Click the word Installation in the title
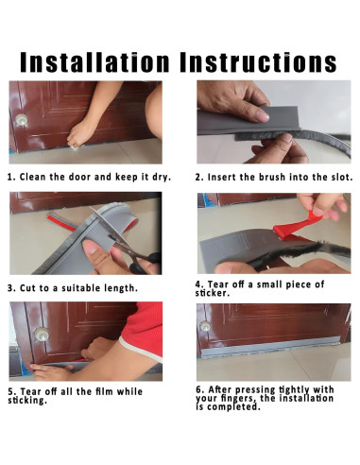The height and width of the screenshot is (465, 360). (94, 62)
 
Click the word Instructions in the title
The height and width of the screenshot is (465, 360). (258, 62)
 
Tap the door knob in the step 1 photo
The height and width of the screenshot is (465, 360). (22, 119)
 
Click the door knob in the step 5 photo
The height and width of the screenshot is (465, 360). (42, 335)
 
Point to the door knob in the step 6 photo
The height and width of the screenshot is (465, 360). (205, 325)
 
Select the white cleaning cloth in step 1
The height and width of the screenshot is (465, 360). (75, 146)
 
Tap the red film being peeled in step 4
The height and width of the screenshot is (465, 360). (298, 226)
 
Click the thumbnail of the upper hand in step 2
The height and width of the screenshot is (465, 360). (262, 116)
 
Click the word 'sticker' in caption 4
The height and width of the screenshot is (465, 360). (211, 293)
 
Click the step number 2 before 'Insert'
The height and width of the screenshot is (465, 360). (198, 177)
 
